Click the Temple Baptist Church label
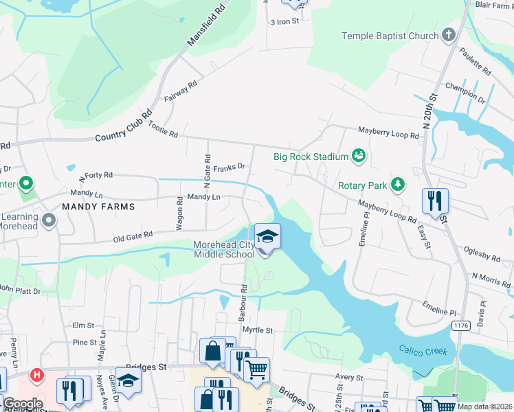[390, 36]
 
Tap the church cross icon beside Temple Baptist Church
[449, 35]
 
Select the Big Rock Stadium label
[311, 157]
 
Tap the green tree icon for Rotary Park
[396, 185]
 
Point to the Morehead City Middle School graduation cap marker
[267, 238]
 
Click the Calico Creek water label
[423, 351]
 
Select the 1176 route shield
[460, 323]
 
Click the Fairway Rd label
[181, 92]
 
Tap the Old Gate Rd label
[133, 236]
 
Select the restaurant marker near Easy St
[435, 201]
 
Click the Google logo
[22, 404]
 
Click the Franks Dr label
[229, 167]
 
